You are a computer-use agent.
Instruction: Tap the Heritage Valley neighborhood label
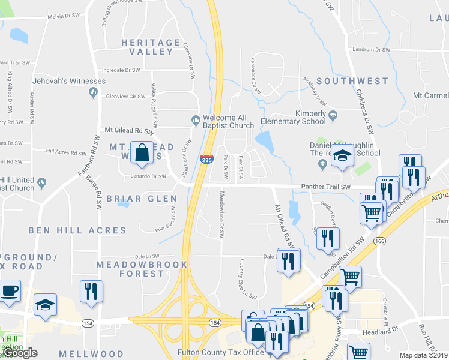pyautogui.click(x=151, y=47)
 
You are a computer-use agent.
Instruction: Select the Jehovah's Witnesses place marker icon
pyautogui.click(x=93, y=92)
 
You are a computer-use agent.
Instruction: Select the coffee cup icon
pyautogui.click(x=10, y=292)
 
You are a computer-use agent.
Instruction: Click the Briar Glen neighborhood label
pyautogui.click(x=142, y=199)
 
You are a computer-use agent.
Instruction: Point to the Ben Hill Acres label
pyautogui.click(x=77, y=230)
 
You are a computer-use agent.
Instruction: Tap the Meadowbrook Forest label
pyautogui.click(x=142, y=269)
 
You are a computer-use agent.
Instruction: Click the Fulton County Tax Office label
pyautogui.click(x=220, y=352)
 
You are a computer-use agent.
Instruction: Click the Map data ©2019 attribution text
pyautogui.click(x=423, y=355)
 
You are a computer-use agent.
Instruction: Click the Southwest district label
pyautogui.click(x=352, y=80)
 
